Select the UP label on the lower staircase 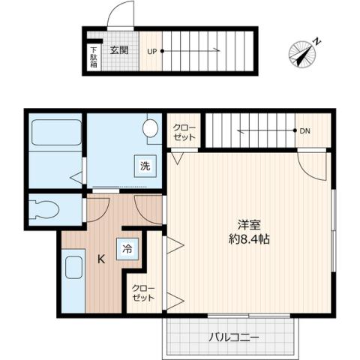152,52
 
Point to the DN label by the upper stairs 304,131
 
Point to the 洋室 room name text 250,224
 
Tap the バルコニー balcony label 234,337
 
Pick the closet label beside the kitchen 142,292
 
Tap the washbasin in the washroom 151,127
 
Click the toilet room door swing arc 96,210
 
